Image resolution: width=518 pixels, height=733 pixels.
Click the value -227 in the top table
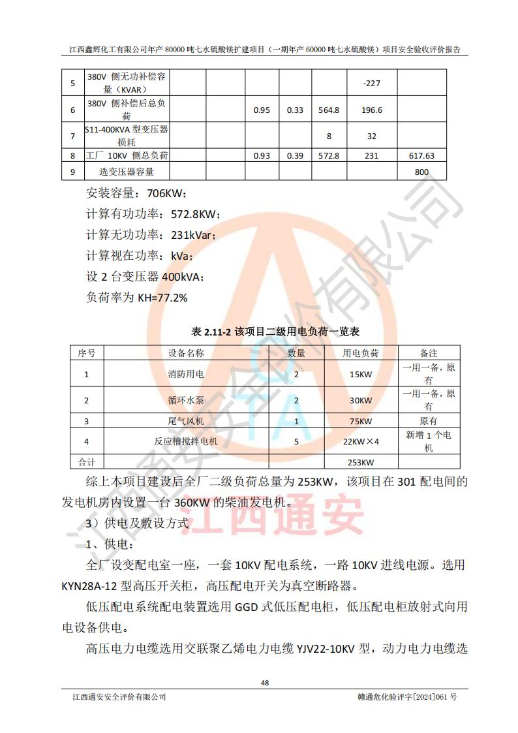(371, 84)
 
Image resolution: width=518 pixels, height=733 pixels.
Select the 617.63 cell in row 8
(421, 156)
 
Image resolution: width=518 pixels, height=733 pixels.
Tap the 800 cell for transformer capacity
(421, 172)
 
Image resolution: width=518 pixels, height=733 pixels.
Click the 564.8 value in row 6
(328, 110)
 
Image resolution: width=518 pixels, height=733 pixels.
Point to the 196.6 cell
(371, 110)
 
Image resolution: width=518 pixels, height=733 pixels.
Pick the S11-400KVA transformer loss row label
(127, 135)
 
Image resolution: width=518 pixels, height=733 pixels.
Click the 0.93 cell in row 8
(262, 156)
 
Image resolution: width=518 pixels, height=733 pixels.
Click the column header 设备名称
(186, 353)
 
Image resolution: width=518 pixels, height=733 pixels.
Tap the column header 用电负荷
(361, 353)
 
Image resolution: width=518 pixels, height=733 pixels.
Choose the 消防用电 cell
(186, 375)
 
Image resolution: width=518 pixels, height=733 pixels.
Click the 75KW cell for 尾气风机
(361, 422)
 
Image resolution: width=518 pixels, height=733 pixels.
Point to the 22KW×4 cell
(361, 442)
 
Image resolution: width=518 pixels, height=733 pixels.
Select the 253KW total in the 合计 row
(361, 463)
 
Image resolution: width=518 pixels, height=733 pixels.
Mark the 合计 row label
(87, 463)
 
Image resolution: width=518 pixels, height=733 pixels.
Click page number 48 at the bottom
(265, 683)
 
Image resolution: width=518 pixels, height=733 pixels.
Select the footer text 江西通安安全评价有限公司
(119, 697)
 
